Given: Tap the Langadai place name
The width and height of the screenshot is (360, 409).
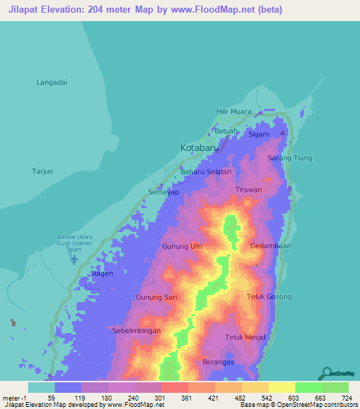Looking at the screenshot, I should coord(52,82).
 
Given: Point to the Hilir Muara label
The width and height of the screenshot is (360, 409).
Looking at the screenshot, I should coord(233,112).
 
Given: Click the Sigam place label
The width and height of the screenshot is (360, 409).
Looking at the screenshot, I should coord(259,134).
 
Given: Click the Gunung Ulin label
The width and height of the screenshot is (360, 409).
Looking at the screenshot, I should coord(182,247).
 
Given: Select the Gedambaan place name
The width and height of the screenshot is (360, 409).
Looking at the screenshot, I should coord(271,246).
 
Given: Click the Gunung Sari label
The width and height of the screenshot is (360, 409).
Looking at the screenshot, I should coord(156,298).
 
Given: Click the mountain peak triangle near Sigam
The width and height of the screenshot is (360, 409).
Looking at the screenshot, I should coord(283,133).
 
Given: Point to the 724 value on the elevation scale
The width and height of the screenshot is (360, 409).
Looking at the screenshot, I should coord(346,398).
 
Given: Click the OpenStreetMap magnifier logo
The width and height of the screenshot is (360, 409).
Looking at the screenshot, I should coord(326,372).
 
